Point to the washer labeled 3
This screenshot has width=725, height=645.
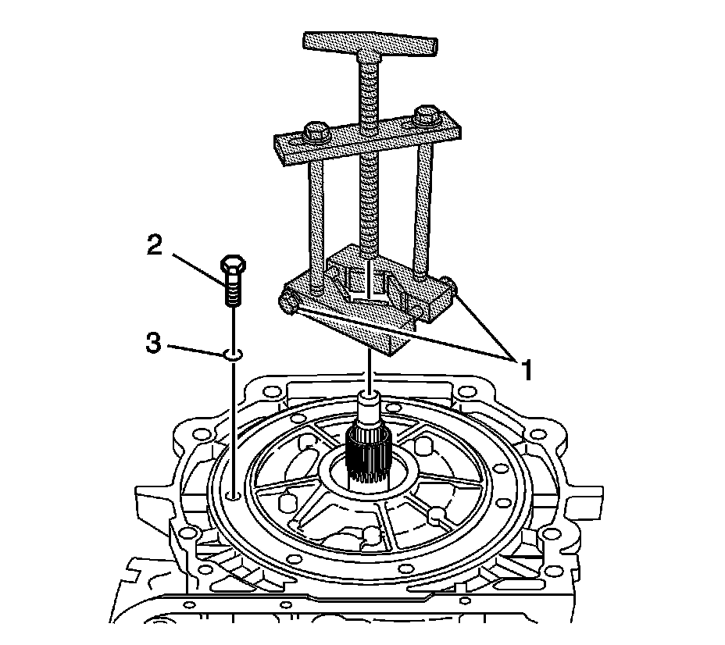coord(232,354)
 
